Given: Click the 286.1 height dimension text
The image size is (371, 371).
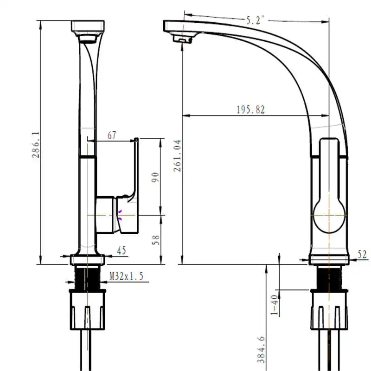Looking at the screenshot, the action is (x=36, y=145).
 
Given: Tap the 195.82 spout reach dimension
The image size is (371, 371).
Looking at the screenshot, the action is (x=251, y=109).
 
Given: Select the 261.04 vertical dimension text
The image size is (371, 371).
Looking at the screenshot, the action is (x=177, y=156).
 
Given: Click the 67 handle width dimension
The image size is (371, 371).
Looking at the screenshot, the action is (x=112, y=135).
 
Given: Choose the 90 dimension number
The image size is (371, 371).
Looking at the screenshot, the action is (x=155, y=177).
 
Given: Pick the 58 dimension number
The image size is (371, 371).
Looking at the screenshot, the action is (x=155, y=240).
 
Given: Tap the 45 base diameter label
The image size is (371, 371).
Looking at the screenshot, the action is (x=122, y=250).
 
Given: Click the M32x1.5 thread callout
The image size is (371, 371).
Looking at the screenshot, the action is (x=126, y=276).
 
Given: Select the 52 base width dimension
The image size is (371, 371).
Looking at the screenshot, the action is (x=362, y=254).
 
